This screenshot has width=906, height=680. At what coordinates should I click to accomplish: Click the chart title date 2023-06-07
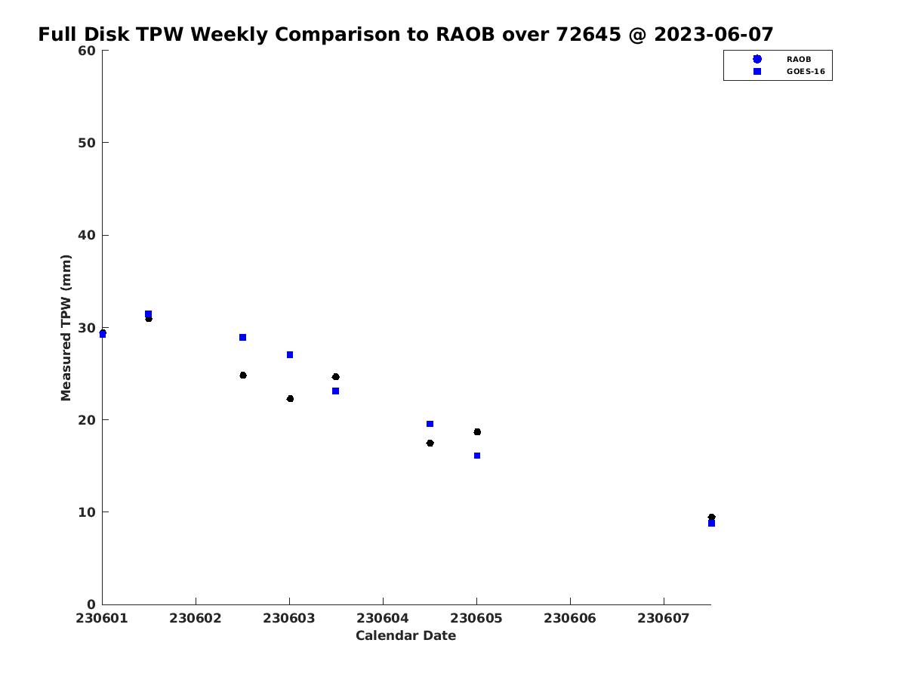pyautogui.click(x=713, y=34)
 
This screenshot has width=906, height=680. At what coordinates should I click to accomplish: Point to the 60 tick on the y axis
pyautogui.click(x=86, y=51)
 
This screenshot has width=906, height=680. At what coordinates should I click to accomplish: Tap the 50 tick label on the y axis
pyautogui.click(x=86, y=143)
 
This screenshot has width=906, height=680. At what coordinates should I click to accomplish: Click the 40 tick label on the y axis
pyautogui.click(x=86, y=235)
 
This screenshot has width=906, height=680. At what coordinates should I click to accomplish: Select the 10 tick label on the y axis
pyautogui.click(x=86, y=512)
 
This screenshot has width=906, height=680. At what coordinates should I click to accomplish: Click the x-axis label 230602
pyautogui.click(x=196, y=619)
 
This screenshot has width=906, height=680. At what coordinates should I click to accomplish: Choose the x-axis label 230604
pyautogui.click(x=383, y=619)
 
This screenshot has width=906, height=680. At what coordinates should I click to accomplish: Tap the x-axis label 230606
pyautogui.click(x=569, y=619)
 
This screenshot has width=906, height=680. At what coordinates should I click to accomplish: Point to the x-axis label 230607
pyautogui.click(x=664, y=619)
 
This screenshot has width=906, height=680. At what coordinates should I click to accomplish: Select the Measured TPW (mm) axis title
pyautogui.click(x=66, y=328)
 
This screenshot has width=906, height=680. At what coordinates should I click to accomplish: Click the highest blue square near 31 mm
pyautogui.click(x=148, y=314)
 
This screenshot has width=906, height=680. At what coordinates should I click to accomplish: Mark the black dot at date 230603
pyautogui.click(x=290, y=399)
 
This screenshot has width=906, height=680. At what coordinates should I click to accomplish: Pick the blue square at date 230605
pyautogui.click(x=477, y=456)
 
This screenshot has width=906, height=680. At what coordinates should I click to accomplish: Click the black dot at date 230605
pyautogui.click(x=477, y=432)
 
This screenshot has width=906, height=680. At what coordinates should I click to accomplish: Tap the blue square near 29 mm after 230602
pyautogui.click(x=242, y=338)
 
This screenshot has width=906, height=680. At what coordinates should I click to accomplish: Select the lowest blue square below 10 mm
pyautogui.click(x=712, y=524)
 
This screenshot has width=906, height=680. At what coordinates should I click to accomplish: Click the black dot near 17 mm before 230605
pyautogui.click(x=430, y=444)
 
